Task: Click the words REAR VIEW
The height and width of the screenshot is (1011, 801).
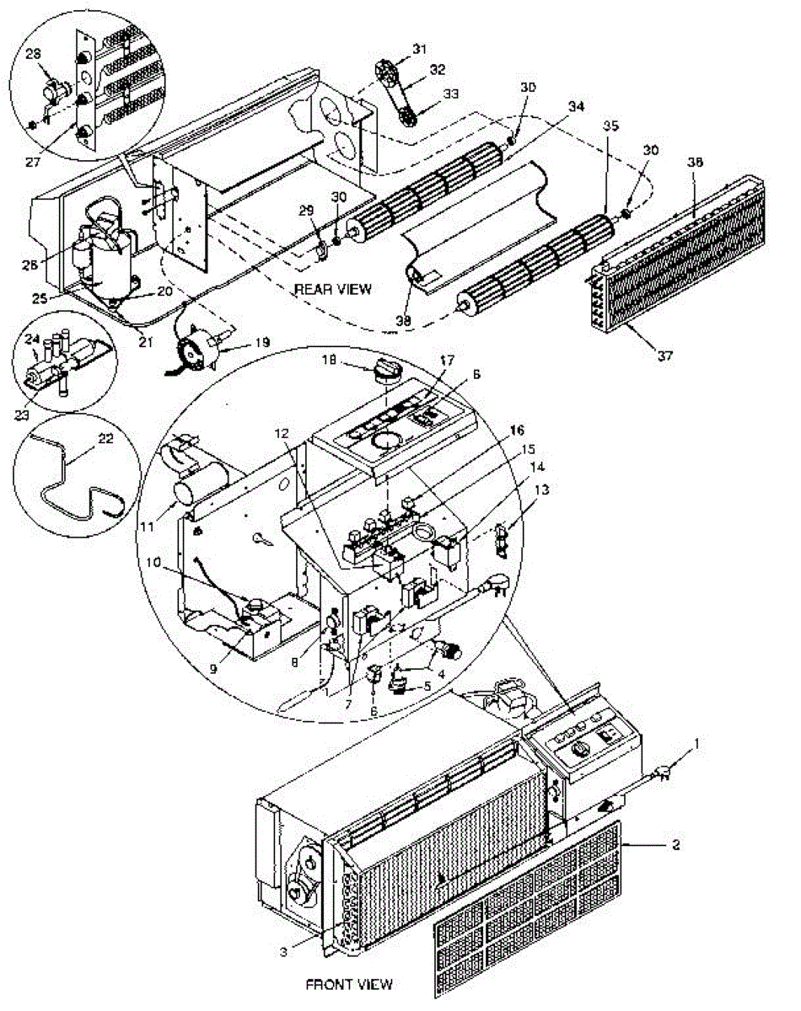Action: (333, 289)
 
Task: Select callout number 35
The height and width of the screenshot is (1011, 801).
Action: (610, 125)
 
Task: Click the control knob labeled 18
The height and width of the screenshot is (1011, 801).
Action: (383, 370)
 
